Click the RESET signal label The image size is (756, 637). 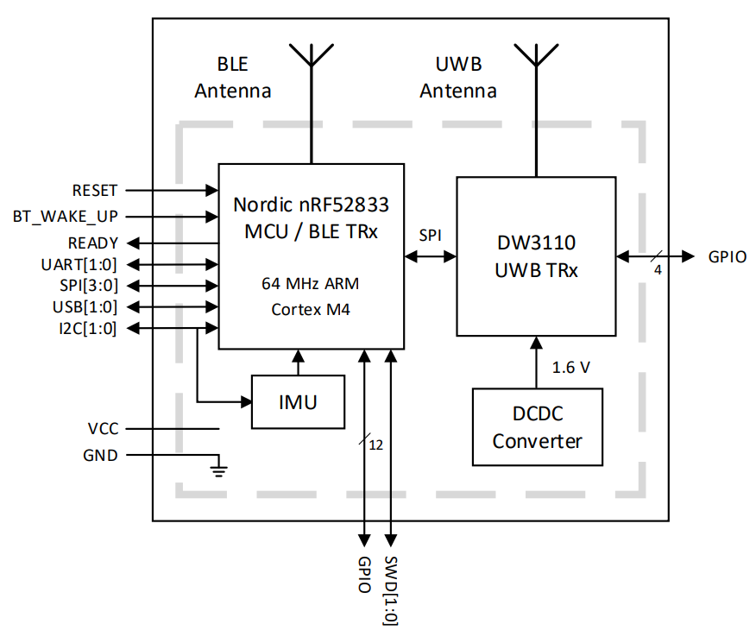[95, 190]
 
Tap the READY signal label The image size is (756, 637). [93, 243]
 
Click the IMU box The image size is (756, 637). [298, 402]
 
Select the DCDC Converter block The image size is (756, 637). [537, 427]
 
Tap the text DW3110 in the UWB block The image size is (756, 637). [536, 243]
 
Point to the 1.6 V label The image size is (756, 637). [570, 368]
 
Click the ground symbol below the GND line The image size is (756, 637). [219, 470]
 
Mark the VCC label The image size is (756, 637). [103, 428]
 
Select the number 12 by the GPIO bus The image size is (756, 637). [375, 445]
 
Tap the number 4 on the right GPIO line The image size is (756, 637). [658, 270]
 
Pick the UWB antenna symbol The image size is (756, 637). [535, 56]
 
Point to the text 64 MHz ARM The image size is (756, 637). [311, 282]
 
